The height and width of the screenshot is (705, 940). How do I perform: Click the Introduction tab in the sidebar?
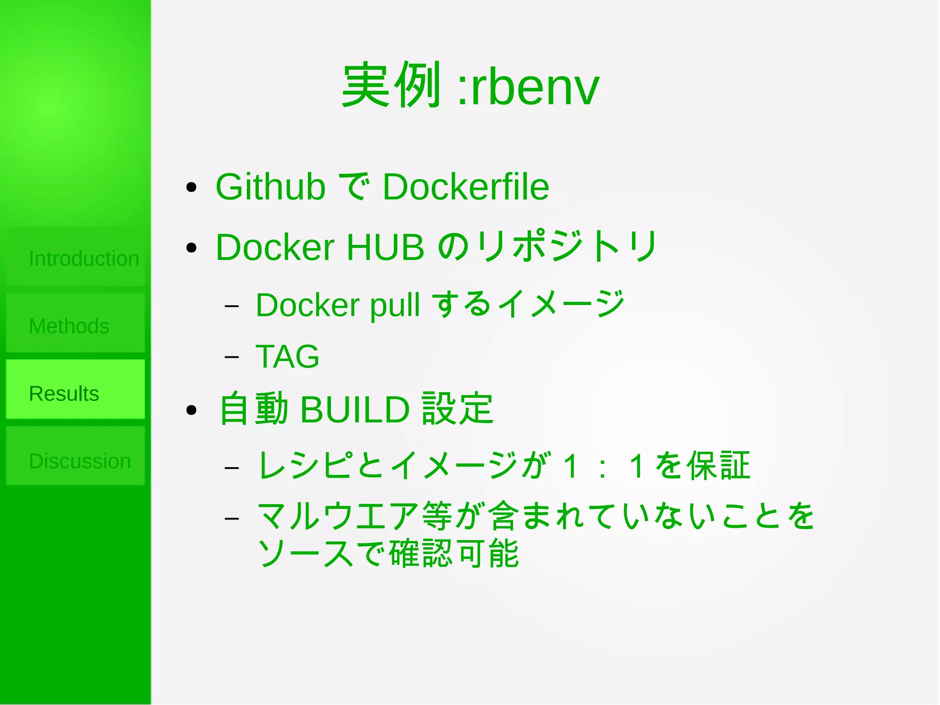(75, 258)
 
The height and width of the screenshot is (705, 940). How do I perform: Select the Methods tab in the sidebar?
(75, 326)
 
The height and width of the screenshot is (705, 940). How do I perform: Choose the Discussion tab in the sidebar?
(75, 460)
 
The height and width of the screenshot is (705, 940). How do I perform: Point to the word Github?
(270, 187)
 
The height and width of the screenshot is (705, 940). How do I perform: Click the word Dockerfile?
(465, 187)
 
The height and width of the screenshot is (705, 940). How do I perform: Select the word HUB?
(385, 248)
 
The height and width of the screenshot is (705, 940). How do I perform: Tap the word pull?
(395, 305)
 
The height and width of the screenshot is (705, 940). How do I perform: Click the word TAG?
(287, 356)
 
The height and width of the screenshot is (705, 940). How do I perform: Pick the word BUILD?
(354, 409)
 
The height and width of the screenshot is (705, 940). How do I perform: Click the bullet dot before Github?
(191, 187)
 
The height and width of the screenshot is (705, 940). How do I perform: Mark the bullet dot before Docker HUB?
(191, 248)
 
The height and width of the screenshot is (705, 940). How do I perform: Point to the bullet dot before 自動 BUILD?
(191, 410)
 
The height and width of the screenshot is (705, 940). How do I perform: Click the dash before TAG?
(232, 356)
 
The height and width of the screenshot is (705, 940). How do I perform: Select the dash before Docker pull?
(232, 305)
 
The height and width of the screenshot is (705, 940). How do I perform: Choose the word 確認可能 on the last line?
(454, 553)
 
